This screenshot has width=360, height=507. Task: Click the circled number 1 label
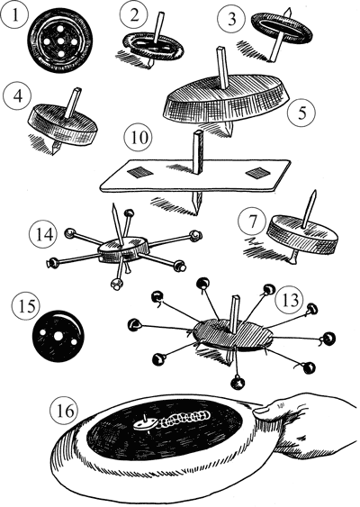(14, 15)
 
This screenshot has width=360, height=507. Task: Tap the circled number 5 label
(301, 113)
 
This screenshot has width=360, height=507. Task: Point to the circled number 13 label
(290, 300)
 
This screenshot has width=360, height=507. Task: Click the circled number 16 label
(65, 411)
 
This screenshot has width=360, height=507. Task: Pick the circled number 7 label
(252, 222)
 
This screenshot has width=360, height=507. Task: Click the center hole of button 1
(60, 41)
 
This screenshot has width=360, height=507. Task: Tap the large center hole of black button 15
(58, 336)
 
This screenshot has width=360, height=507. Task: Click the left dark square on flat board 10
(139, 173)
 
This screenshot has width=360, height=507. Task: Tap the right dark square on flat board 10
(258, 173)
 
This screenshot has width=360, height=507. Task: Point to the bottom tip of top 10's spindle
(197, 214)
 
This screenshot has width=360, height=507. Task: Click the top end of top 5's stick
(221, 50)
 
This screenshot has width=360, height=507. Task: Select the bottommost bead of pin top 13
(238, 382)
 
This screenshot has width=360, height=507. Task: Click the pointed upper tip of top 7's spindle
(314, 192)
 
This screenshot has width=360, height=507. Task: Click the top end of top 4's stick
(77, 89)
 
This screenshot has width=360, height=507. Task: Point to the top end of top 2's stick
(160, 14)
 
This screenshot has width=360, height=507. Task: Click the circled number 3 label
(232, 19)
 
